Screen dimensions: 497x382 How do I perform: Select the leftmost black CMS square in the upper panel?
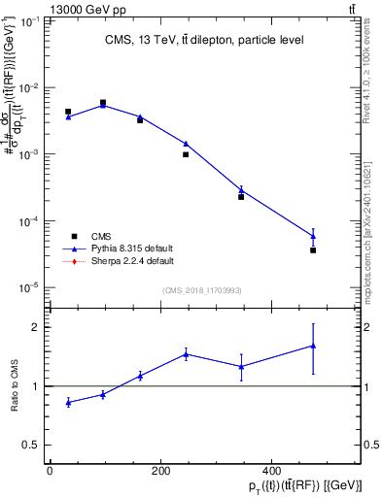coord(68,112)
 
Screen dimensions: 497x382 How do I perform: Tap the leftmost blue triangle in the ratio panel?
coord(68,402)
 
